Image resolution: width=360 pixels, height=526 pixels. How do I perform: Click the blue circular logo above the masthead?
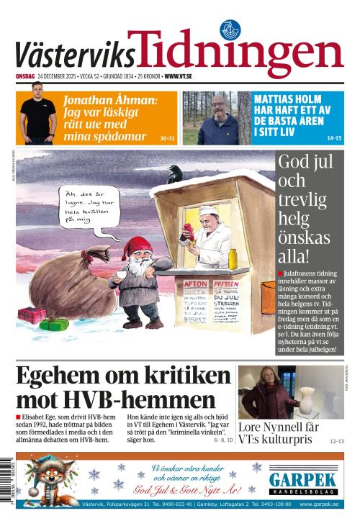click(230, 30)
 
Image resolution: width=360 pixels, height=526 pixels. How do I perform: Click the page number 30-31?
click(167, 137)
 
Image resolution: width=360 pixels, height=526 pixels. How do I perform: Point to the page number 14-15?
click(334, 137)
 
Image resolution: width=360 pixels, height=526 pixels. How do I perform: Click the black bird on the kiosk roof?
click(175, 172)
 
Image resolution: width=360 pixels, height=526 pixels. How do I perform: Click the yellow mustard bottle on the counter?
click(233, 257)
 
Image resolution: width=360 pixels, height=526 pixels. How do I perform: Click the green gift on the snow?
click(54, 325)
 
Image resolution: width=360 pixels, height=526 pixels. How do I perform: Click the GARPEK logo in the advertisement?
click(303, 480)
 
